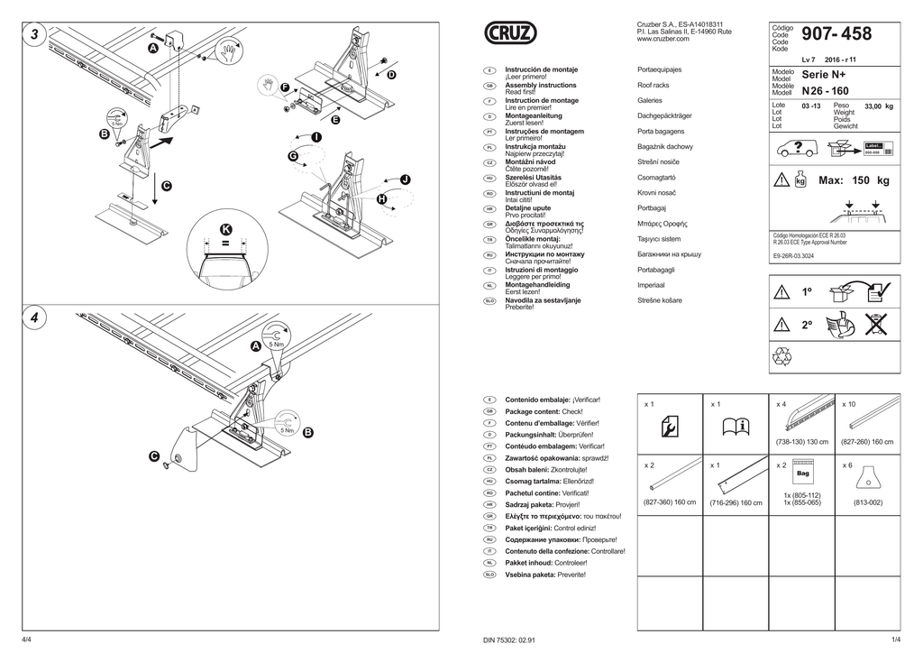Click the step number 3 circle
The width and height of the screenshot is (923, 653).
pos(33,34)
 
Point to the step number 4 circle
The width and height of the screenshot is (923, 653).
pos(33,318)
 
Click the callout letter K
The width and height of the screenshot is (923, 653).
pos(225,229)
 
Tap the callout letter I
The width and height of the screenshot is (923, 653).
pos(315,136)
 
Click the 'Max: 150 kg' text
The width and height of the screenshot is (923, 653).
pos(853,181)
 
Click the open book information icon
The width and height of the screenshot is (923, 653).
pos(734,427)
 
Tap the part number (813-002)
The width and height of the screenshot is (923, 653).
pos(867,502)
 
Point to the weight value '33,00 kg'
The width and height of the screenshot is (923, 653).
pos(878,106)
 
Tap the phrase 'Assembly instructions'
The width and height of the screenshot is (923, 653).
pos(541,85)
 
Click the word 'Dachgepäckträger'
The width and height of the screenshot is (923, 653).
pos(664,116)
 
